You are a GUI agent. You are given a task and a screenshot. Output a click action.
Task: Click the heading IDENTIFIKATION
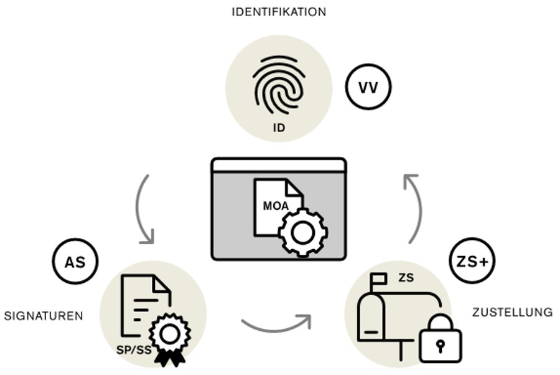click(x=279, y=12)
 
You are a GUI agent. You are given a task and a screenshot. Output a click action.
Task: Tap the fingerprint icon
click(x=278, y=87)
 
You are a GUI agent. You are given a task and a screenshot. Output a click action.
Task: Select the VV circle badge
click(x=368, y=87)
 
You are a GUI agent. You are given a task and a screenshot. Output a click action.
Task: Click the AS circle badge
click(x=75, y=262)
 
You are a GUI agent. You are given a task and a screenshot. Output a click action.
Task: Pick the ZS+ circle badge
click(x=472, y=262)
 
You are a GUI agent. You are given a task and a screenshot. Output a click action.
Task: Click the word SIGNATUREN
click(x=44, y=316)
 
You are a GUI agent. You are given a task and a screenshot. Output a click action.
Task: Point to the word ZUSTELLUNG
click(x=512, y=312)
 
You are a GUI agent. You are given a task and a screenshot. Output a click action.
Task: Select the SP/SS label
click(x=134, y=350)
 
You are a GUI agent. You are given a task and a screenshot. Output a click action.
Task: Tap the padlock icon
click(x=440, y=339)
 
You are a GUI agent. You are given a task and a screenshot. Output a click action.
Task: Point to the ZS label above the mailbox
click(x=406, y=277)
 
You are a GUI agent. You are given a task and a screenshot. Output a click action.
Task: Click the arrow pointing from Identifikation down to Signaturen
click(x=143, y=209)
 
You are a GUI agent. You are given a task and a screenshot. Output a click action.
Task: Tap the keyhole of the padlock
click(x=440, y=345)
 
